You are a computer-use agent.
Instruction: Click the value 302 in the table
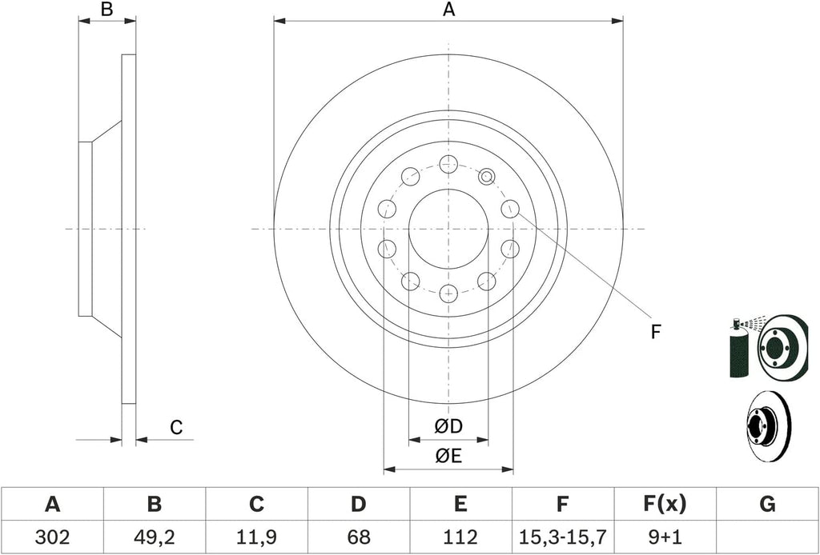pos(52,537)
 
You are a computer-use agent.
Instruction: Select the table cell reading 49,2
pos(155,537)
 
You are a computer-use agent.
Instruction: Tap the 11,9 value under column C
pos(256,537)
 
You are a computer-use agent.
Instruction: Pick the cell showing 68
pos(358,537)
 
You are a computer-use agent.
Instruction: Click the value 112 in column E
pos(460,537)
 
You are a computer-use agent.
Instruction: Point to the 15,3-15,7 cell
pos(562,537)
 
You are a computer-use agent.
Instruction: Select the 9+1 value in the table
pos(665,537)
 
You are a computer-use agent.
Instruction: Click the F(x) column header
pos(665,505)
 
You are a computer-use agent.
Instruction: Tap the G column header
pos(767,505)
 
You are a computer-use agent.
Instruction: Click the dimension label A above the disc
pos(448,9)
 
